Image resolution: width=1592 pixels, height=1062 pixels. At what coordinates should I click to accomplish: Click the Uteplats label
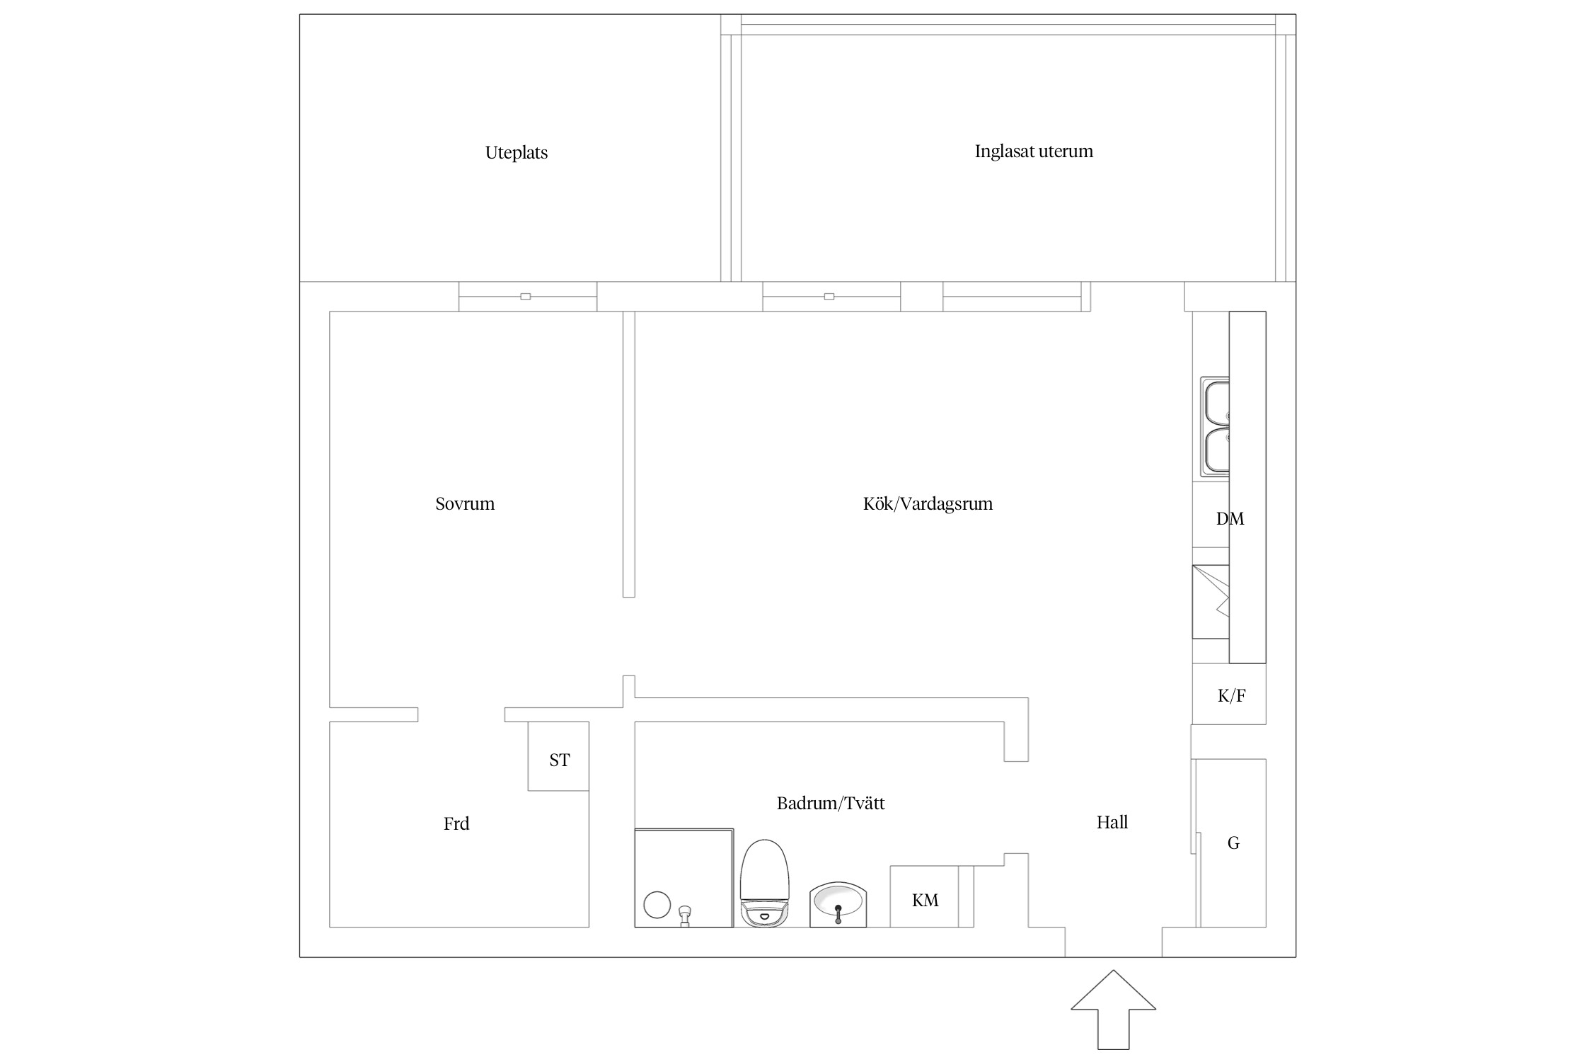[x=516, y=153]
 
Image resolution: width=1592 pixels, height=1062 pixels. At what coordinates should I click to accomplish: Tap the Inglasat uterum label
[x=1033, y=152]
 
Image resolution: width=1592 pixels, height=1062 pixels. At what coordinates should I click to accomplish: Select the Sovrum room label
[x=465, y=504]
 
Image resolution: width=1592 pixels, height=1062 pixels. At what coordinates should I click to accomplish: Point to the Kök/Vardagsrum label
[x=928, y=504]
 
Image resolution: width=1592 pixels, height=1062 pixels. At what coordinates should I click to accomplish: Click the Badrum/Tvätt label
[x=831, y=804]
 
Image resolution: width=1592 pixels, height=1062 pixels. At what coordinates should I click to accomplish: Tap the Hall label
[x=1112, y=823]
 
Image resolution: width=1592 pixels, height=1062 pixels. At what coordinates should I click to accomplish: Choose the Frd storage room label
[x=456, y=824]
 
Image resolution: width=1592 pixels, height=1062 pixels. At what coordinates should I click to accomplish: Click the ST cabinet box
[x=558, y=756]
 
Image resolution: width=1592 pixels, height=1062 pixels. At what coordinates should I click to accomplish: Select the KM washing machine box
[x=924, y=896]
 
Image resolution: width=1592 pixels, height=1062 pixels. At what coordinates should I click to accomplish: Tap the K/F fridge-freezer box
[x=1229, y=694]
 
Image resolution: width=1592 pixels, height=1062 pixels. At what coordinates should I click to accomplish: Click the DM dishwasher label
[x=1230, y=519]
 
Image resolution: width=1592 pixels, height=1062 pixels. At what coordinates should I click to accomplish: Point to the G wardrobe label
[x=1233, y=843]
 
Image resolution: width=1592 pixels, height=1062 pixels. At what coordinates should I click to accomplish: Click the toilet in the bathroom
[x=764, y=883]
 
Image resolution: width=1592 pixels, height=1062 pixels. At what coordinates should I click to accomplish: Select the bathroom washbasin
[x=838, y=903]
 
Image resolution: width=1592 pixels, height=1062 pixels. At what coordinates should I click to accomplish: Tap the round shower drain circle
[x=657, y=905]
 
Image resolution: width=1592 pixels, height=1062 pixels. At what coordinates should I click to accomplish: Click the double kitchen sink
[x=1215, y=426]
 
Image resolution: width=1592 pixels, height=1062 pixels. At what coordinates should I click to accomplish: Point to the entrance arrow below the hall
[x=1113, y=1010]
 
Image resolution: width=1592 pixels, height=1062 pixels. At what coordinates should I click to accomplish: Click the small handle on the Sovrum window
[x=525, y=297]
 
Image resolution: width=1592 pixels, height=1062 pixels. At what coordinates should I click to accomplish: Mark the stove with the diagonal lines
[x=1211, y=602]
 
